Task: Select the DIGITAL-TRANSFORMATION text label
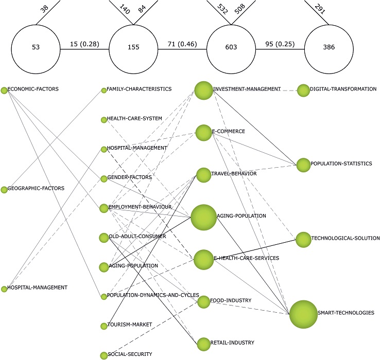point(343,89)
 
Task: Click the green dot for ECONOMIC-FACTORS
point(4,91)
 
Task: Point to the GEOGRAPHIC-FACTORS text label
point(36,188)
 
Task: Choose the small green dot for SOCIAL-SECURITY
point(103,354)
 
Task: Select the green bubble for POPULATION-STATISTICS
point(303,165)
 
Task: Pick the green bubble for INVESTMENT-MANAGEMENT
point(203,91)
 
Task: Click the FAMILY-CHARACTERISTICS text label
point(139,89)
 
